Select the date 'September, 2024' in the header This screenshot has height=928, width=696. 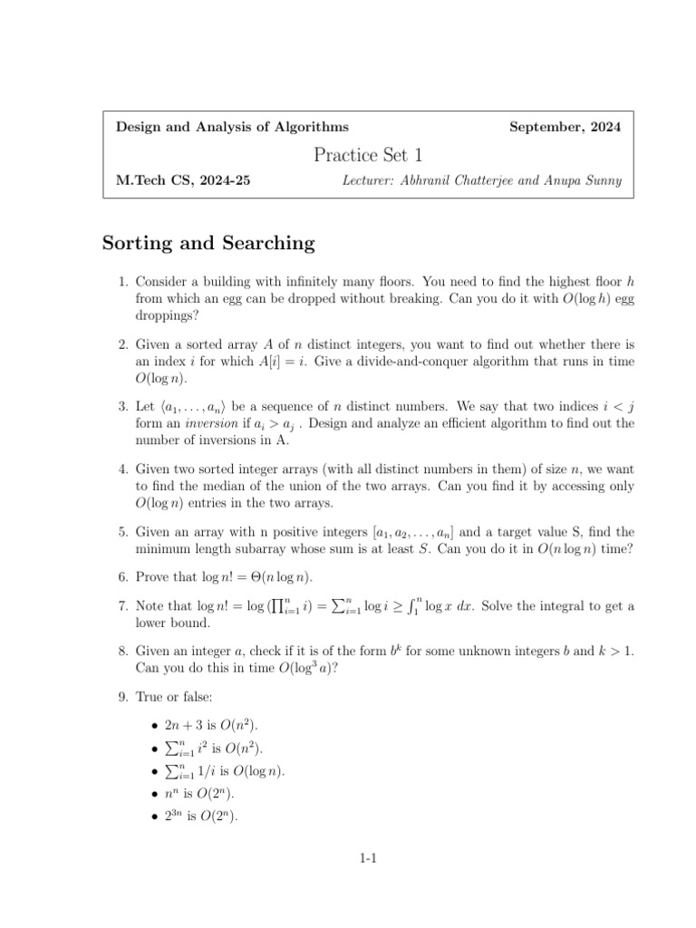(565, 128)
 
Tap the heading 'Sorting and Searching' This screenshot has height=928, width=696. (208, 243)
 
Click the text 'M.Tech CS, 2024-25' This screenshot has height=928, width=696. (183, 181)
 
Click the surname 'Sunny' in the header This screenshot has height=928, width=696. (602, 181)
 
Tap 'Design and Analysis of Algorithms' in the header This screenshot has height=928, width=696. (232, 128)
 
